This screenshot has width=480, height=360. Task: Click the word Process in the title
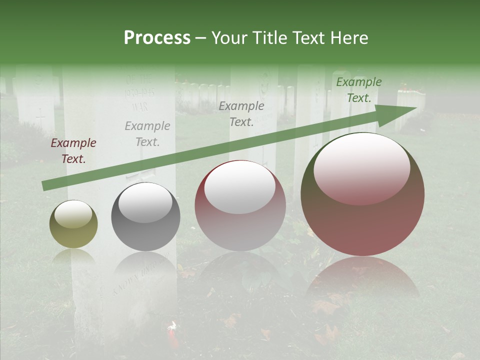tap(157, 38)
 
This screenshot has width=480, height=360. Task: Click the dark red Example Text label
tap(73, 151)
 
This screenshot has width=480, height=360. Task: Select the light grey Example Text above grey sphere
tap(147, 134)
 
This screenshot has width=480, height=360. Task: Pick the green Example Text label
tap(359, 90)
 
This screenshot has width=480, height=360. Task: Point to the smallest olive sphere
tap(73, 224)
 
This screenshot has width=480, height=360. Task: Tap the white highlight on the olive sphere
tap(73, 214)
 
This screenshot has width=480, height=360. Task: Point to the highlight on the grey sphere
tap(145, 202)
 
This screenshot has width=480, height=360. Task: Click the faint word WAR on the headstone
tap(139, 107)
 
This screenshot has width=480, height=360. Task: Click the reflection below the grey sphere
tap(145, 270)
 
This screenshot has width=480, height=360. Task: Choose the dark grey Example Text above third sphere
tap(241, 114)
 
